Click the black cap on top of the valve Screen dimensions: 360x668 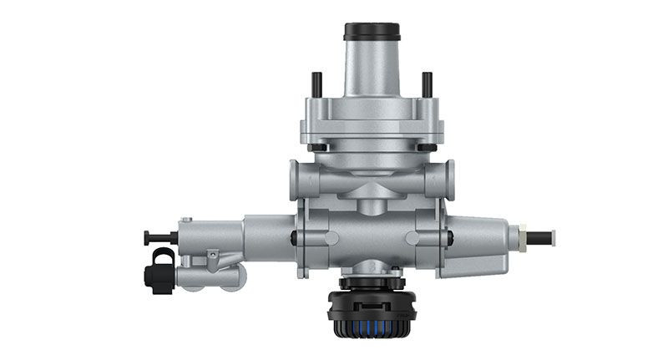(372, 33)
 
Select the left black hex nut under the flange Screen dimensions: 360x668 (317, 148)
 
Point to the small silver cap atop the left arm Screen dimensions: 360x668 (185, 221)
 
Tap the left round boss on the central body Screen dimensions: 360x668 (331, 236)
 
